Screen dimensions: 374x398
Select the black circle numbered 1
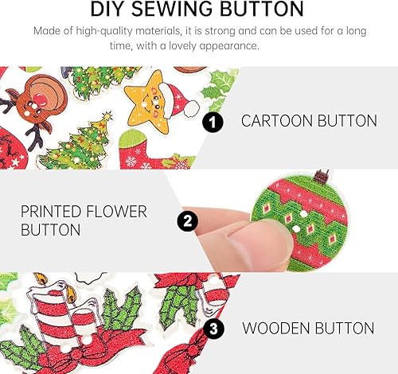[x=212, y=123]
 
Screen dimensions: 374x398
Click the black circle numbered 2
[x=188, y=220]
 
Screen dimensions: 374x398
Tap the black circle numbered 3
[x=213, y=328]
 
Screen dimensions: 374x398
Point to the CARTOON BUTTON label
[x=309, y=122]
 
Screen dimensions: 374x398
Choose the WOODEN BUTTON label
[x=308, y=327]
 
